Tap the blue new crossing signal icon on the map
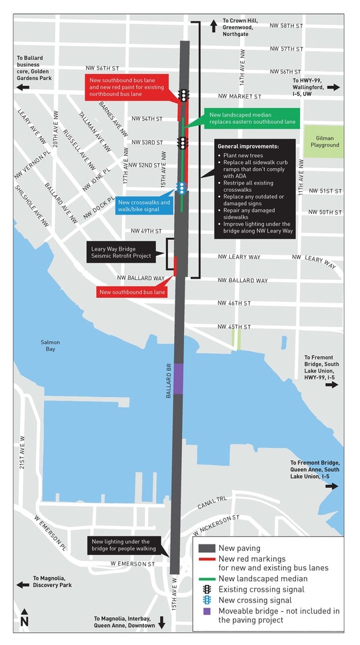(x=181, y=187)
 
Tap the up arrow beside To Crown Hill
(x=213, y=26)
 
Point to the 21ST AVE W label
(x=23, y=458)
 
